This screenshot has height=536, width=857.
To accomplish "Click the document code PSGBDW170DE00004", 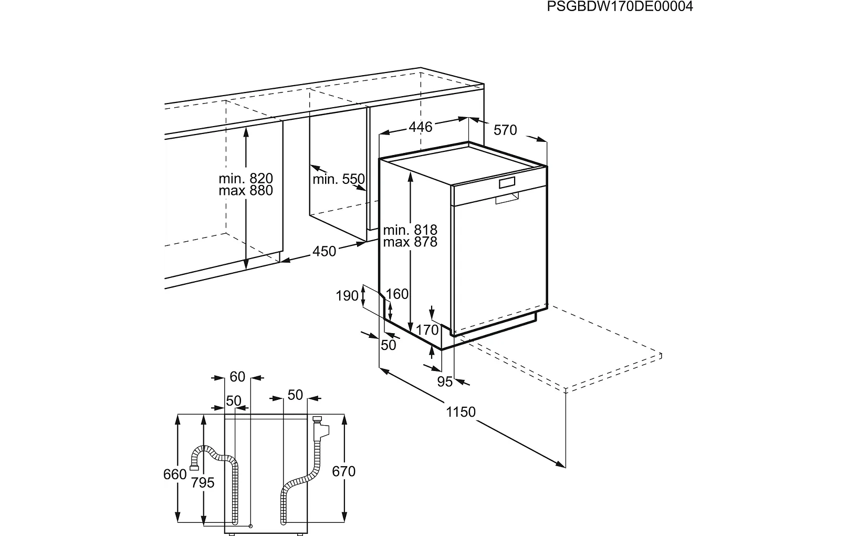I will (620, 6).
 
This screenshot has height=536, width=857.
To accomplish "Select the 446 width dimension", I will (421, 127).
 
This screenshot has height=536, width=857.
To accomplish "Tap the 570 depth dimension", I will (505, 130).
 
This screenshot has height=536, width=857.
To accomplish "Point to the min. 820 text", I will (246, 179).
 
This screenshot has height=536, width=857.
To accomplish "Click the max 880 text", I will (246, 190).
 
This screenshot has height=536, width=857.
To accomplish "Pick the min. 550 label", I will (338, 180).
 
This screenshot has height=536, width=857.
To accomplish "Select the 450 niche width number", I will (324, 252).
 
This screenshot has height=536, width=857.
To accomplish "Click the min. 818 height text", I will (410, 230).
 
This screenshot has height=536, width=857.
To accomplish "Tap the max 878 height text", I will (410, 242).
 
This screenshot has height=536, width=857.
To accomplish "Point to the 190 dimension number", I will (347, 296).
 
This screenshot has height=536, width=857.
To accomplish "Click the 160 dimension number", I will (397, 294).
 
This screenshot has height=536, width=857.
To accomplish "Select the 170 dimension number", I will (427, 330).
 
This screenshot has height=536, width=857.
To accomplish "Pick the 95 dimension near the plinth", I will (445, 382).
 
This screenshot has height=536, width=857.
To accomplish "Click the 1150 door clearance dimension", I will (461, 412).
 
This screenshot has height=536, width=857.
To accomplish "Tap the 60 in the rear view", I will (237, 377).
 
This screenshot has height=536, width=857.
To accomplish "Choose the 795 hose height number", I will (203, 482).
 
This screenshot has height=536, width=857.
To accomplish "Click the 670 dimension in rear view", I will (344, 472).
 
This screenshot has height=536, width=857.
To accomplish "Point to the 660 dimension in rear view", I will (175, 475).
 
